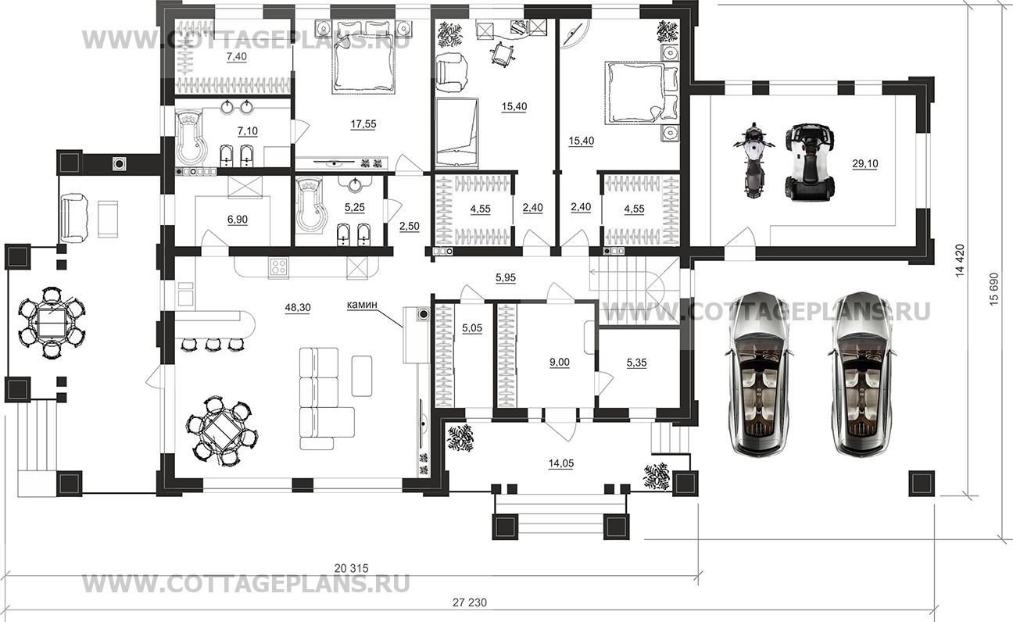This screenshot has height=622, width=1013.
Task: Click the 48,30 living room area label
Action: tap(298, 308)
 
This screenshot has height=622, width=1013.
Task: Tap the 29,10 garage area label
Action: tap(865, 163)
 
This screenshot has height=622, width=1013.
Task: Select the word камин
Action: tap(362, 305)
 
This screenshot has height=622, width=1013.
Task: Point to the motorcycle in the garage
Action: tap(753, 159)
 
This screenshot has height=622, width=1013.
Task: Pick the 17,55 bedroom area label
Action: tap(363, 124)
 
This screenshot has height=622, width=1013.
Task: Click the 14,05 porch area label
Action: tap(560, 463)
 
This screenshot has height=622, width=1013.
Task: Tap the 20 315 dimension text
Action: tap(352, 568)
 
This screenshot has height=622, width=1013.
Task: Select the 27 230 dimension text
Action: tap(470, 602)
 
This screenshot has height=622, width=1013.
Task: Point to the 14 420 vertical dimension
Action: tap(960, 260)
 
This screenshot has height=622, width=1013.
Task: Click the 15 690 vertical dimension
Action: tap(993, 289)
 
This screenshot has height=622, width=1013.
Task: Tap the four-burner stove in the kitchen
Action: tap(278, 267)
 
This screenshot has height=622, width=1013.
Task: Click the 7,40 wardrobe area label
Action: tap(236, 56)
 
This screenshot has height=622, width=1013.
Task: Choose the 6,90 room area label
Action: tap(238, 220)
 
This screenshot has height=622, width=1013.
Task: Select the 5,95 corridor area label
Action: tap(506, 278)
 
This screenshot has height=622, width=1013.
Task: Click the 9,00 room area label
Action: tap(560, 363)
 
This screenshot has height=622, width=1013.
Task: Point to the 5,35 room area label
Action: tap(636, 363)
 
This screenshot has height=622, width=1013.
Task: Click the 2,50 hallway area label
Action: tap(410, 226)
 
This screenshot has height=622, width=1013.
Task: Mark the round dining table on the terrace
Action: tap(52, 323)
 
